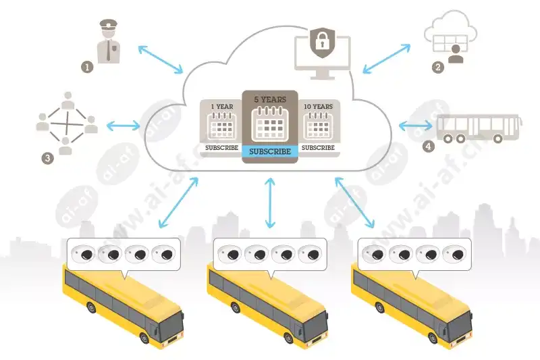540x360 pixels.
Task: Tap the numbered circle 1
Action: (86, 67)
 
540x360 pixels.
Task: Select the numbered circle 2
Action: (438, 67)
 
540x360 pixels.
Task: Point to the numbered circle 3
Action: (47, 159)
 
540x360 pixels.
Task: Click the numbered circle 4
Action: (427, 146)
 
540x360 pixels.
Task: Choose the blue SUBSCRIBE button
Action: (270, 151)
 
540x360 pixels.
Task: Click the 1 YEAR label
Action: (221, 107)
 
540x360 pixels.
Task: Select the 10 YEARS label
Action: (319, 107)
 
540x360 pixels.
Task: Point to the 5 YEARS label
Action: (270, 99)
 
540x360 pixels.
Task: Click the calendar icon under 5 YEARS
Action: (270, 124)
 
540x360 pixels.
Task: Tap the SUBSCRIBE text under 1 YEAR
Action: (221, 147)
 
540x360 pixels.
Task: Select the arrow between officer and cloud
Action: (160, 59)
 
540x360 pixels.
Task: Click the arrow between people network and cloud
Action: (124, 125)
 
